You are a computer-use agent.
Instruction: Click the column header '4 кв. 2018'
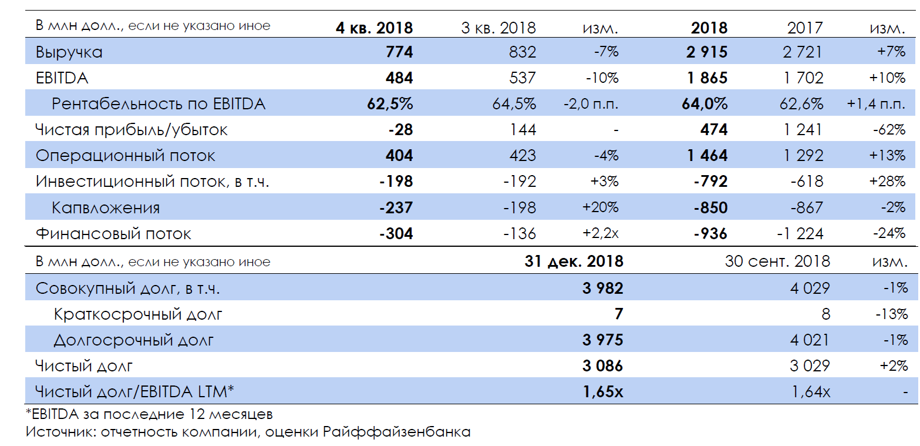coord(374,27)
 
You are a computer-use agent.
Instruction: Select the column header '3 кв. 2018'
coord(498,27)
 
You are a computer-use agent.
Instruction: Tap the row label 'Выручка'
coord(69,52)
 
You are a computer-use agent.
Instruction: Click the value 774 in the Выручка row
coord(399,52)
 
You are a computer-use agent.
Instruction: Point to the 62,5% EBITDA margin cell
coord(389,104)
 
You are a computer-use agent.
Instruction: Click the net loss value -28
coord(400,130)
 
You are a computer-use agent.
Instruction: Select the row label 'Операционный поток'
coord(125,156)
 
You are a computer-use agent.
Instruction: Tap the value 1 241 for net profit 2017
coord(803,130)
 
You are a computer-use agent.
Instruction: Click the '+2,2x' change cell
coord(601,233)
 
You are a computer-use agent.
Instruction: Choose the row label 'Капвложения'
coord(106,207)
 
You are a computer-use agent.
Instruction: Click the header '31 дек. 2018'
coord(574,261)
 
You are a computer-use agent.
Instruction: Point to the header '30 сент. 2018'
coord(777,261)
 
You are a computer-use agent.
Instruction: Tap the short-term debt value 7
coord(618,314)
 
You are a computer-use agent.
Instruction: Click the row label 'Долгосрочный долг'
coord(133,340)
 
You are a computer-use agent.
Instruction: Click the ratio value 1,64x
coord(810,391)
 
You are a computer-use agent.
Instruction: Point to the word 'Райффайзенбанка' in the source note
coord(396,432)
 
